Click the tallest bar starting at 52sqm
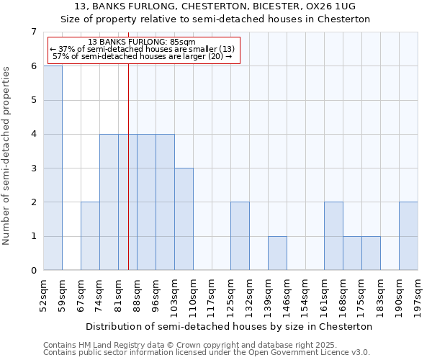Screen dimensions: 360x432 [53, 168]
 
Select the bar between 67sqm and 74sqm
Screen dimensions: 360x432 [90, 236]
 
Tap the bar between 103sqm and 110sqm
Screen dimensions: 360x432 [184, 219]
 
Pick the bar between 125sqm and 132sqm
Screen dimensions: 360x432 [240, 236]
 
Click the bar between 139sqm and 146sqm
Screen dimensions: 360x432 [277, 253]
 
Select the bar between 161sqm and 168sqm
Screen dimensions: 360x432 [333, 236]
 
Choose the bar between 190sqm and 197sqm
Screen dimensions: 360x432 [408, 236]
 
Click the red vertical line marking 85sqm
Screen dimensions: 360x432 [128, 180]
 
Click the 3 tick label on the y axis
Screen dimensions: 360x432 [33, 168]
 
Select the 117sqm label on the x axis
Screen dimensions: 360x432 [212, 294]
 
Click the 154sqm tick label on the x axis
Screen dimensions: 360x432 [306, 294]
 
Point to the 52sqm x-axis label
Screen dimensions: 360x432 [44, 294]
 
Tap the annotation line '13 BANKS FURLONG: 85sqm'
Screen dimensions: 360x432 [142, 42]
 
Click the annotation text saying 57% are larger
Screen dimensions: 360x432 [142, 56]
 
